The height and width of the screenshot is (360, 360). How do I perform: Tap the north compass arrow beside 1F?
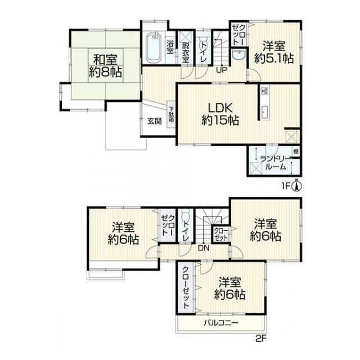pos(296,186)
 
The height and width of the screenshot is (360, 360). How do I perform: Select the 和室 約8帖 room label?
pos(105,66)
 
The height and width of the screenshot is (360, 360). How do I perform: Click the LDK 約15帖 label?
pos(220,114)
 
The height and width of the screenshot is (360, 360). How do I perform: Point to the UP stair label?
pos(222,70)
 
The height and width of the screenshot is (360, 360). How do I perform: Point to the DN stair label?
pos(204,247)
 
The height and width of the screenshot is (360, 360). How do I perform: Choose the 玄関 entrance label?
pos(155,121)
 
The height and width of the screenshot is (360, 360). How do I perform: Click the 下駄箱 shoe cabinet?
pos(171,114)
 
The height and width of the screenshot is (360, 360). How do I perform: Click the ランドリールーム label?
pos(276,163)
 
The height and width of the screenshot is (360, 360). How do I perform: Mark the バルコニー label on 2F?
pos(221,323)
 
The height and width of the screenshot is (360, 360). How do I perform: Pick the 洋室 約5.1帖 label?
pos(274,52)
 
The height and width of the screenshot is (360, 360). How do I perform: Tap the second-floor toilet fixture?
pos(185,216)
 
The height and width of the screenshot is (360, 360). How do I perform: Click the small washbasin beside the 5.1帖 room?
pos(238,55)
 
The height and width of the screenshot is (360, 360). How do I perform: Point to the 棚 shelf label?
pos(296,151)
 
